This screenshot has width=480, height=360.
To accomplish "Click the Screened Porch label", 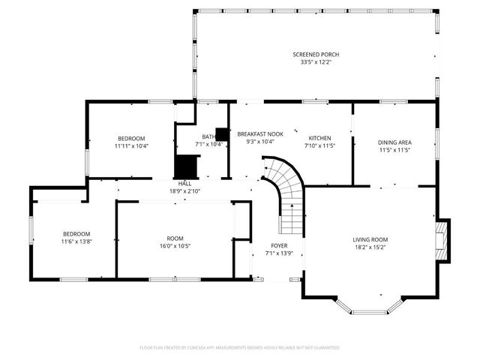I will click(x=316, y=54).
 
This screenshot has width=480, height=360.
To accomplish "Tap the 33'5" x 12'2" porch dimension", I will click(x=316, y=61).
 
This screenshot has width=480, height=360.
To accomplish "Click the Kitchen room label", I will click(x=319, y=139).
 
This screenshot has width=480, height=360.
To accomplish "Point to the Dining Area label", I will click(x=394, y=142).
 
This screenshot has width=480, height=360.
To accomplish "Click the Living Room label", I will click(x=370, y=240).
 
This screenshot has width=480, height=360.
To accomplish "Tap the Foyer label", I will click(x=279, y=245).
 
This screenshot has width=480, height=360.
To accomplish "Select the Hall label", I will click(x=184, y=183).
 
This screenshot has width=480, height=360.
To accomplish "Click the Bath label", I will click(x=208, y=136).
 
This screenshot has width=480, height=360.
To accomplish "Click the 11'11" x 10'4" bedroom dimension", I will click(x=131, y=145).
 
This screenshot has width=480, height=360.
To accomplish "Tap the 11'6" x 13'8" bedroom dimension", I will click(x=76, y=241).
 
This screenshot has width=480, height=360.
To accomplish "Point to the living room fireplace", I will click(x=443, y=240).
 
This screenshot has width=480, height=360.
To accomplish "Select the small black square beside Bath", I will click(x=222, y=134).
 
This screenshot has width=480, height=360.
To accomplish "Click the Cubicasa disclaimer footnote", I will click(x=240, y=348).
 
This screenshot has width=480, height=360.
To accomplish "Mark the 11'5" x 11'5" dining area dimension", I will click(x=394, y=149).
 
